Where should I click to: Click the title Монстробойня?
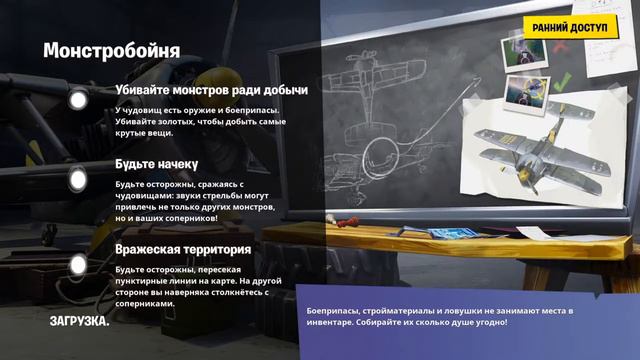click(111, 49)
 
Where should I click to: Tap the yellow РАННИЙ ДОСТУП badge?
click(569, 28)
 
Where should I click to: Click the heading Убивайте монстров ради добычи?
click(211, 90)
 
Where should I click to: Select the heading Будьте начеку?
click(156, 163)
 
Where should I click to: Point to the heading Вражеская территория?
click(182, 249)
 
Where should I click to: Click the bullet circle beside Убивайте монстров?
click(78, 100)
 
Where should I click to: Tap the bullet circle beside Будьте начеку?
click(78, 179)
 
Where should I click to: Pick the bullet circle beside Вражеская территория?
click(78, 265)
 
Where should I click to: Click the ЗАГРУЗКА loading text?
click(80, 321)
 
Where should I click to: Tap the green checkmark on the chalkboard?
click(562, 80)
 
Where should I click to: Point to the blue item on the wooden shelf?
click(444, 232)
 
